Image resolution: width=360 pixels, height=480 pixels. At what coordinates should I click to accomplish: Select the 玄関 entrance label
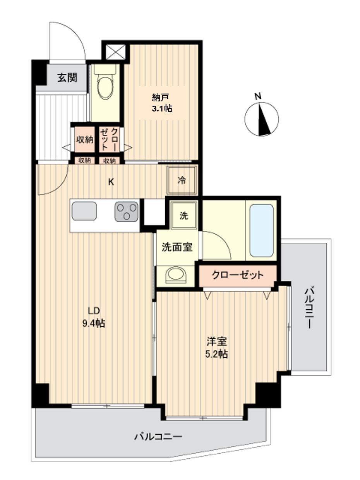tap(67, 77)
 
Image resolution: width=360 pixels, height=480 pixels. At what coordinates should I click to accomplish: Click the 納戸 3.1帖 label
tap(162, 103)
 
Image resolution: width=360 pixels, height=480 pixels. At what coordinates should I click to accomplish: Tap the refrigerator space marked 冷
tap(182, 180)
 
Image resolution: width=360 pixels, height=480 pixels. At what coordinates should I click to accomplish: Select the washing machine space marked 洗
tap(184, 216)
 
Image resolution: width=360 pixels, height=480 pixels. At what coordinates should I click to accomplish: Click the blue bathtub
tap(261, 230)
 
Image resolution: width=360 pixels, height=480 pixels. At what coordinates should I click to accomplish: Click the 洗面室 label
tap(177, 247)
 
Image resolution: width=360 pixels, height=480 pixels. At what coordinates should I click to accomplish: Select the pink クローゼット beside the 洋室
tap(238, 275)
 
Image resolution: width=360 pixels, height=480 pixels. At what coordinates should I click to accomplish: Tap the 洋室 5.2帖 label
tap(216, 347)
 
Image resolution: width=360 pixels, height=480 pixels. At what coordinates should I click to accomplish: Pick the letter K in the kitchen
tap(111, 182)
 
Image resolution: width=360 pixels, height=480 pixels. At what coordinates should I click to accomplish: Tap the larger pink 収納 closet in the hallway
tap(84, 140)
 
